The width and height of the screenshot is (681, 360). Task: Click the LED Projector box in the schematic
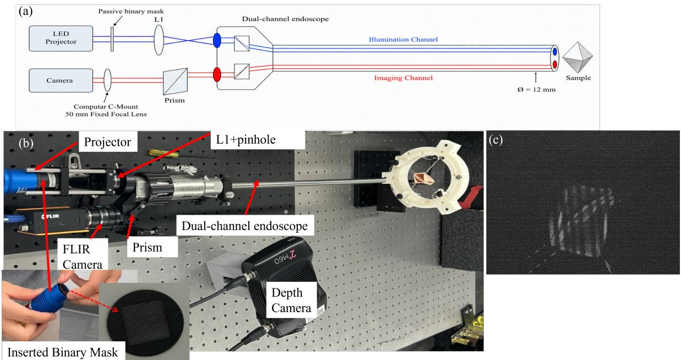[x=61, y=39]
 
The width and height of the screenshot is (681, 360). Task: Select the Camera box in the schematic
[x=61, y=80]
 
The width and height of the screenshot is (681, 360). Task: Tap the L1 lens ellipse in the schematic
[x=159, y=40]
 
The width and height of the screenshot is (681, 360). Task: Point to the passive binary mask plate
[x=112, y=39]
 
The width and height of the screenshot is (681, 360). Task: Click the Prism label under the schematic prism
[x=175, y=100]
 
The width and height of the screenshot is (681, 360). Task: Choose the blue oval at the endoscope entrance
[x=217, y=40]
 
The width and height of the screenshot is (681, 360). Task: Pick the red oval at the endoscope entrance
[x=217, y=74]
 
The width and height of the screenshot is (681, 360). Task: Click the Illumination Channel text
[x=403, y=39]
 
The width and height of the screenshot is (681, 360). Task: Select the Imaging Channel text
[x=403, y=78]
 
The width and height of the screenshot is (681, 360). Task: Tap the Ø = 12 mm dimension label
[x=537, y=90]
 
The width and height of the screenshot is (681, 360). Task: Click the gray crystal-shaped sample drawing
[x=578, y=57]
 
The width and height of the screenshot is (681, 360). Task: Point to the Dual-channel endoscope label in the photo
[x=245, y=226]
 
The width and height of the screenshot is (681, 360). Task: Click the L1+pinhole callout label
[x=246, y=140]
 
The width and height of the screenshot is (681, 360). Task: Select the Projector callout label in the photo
[x=107, y=142]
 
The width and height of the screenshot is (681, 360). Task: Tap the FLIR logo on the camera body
[x=51, y=216]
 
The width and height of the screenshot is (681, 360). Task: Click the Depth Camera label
[x=291, y=300]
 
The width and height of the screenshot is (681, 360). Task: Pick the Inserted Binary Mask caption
[x=63, y=352]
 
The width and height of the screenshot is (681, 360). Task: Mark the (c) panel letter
[x=495, y=140]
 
